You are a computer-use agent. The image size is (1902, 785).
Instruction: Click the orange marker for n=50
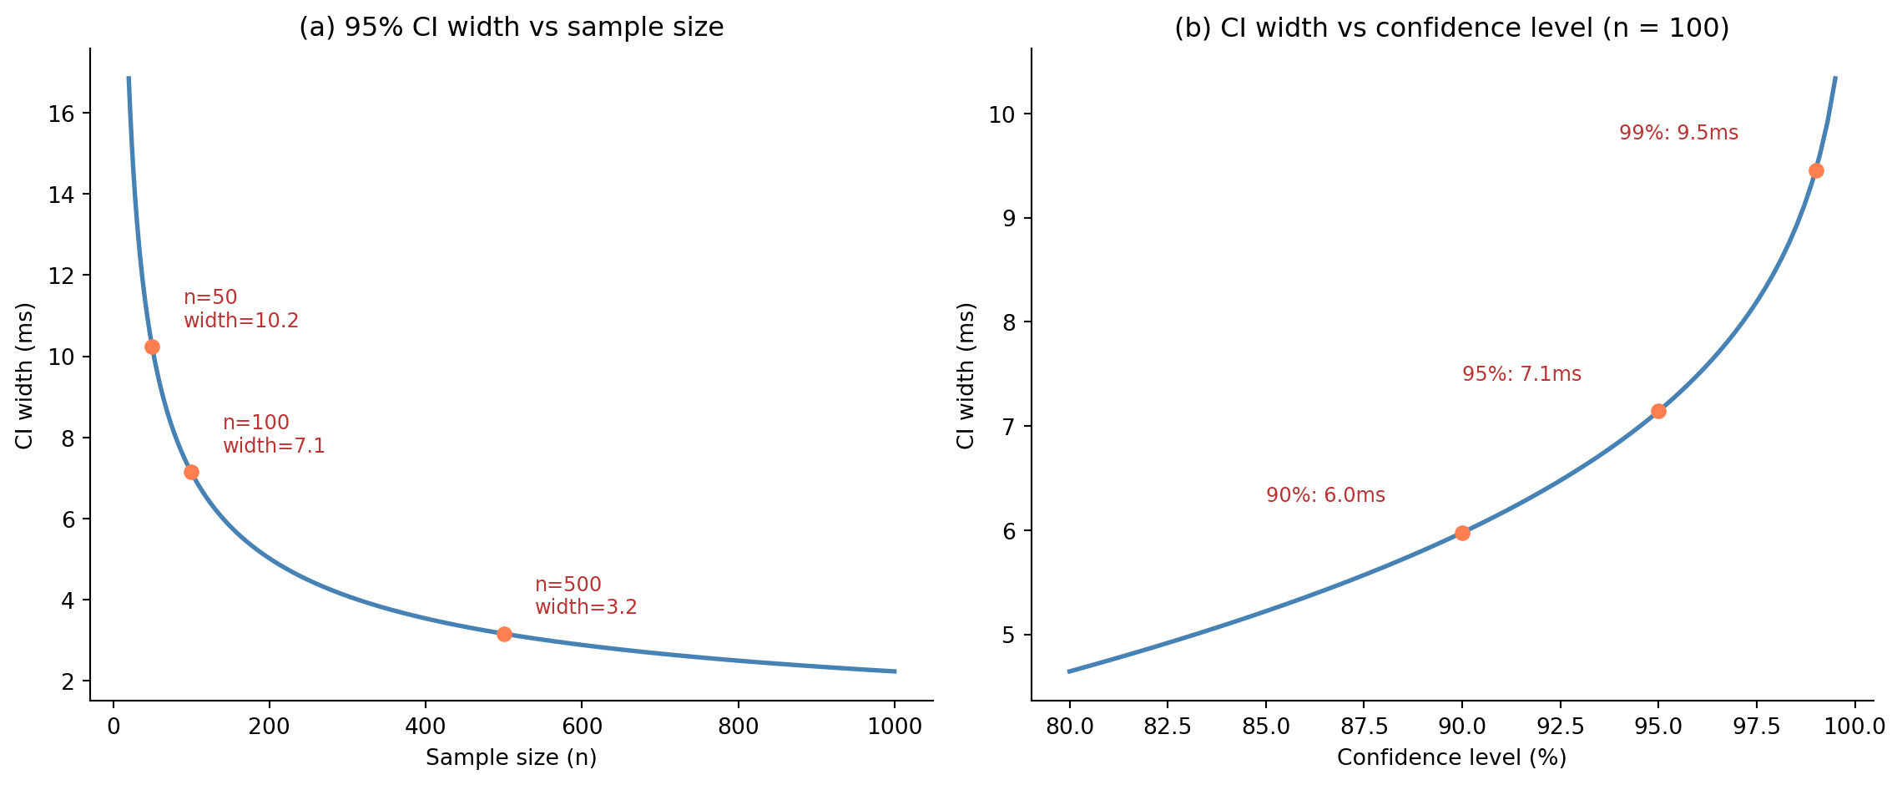(x=152, y=347)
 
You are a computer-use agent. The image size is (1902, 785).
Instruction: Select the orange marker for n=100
(x=191, y=472)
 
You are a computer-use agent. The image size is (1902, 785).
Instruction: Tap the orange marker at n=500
(x=504, y=634)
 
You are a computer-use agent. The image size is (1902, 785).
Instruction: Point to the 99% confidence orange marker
(x=1816, y=170)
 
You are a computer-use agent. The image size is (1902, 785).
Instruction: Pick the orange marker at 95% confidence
(x=1658, y=411)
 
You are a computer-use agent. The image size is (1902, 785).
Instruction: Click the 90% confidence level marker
(x=1462, y=533)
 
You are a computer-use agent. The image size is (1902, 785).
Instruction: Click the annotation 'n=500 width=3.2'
(x=586, y=596)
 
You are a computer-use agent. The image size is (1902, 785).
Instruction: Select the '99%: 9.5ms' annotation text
(x=1678, y=133)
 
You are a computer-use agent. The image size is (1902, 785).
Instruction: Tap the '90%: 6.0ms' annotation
(x=1325, y=495)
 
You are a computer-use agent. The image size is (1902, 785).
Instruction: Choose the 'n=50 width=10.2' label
(x=240, y=309)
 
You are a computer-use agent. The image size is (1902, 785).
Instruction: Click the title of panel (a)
(x=511, y=28)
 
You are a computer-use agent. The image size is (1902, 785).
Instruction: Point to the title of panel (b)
(x=1451, y=28)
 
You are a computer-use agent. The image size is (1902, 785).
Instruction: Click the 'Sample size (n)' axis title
(x=511, y=757)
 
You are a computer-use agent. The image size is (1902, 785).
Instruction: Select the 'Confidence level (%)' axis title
(x=1451, y=757)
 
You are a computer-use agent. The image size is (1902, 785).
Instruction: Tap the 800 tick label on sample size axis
(x=738, y=727)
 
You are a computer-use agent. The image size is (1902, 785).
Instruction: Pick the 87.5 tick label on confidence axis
(x=1363, y=727)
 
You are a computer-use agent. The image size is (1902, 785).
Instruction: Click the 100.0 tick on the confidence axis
(x=1854, y=727)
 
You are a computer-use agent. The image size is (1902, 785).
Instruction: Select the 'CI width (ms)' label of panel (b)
(x=966, y=376)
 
